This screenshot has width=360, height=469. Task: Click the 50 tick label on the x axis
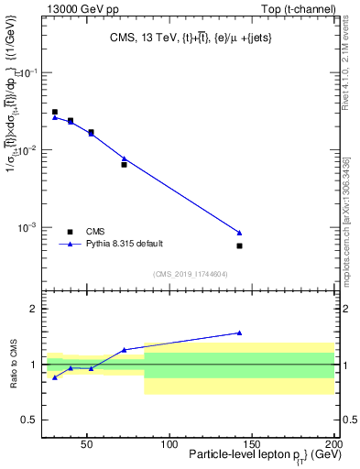tap(86, 444)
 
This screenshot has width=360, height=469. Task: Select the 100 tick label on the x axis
tap(169, 444)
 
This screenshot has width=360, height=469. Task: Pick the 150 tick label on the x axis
tap(251, 444)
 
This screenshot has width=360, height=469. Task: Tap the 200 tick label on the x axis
tap(333, 444)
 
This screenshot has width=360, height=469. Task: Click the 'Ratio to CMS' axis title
tap(14, 365)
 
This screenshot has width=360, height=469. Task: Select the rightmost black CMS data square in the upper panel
tap(239, 245)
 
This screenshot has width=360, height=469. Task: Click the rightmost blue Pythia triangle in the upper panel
tap(239, 233)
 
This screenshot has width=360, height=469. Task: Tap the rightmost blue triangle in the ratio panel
tap(239, 333)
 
